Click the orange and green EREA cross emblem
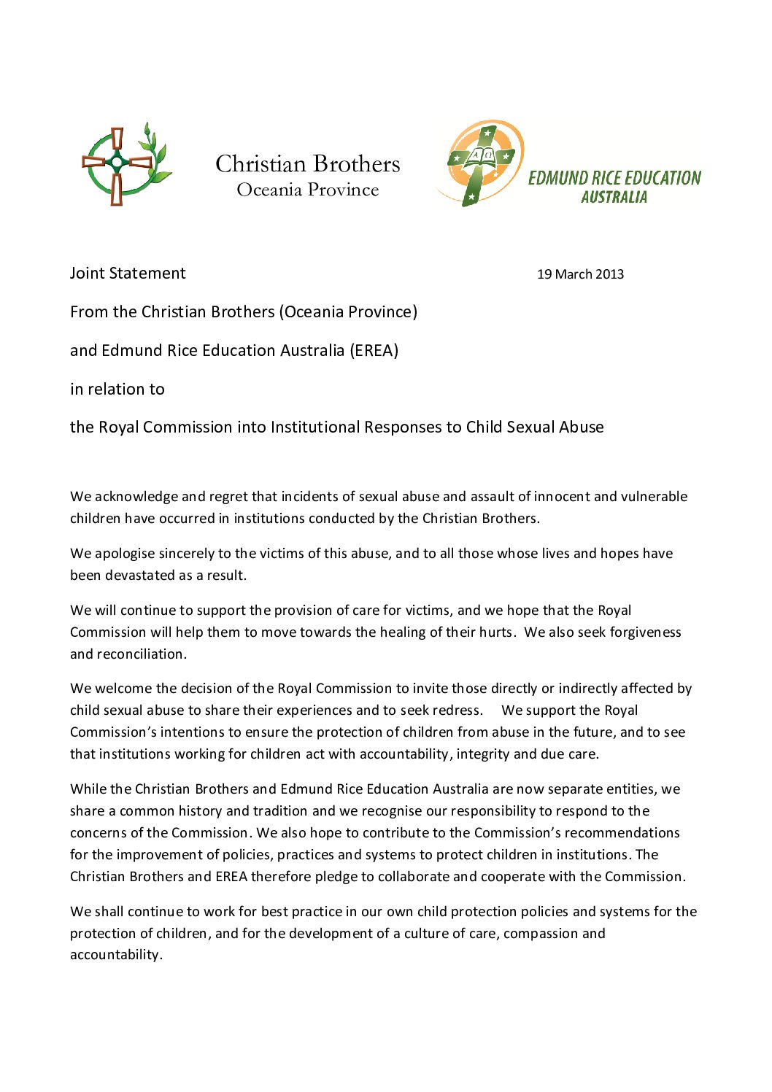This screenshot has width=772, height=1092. [x=480, y=163]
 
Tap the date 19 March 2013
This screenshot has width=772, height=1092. [x=580, y=274]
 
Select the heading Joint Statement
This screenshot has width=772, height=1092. [x=128, y=273]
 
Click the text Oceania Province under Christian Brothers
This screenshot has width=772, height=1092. [x=307, y=190]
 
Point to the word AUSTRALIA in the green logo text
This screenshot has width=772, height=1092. [x=614, y=197]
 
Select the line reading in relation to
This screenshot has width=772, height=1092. [x=117, y=389]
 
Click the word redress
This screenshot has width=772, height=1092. [x=457, y=710]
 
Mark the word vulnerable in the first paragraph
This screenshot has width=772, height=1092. [x=653, y=496]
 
